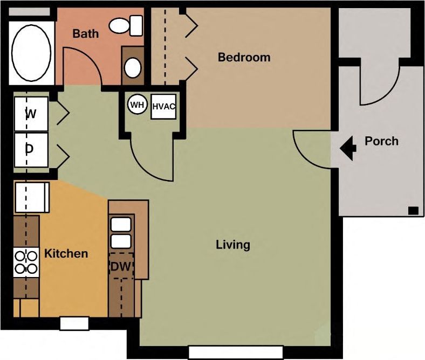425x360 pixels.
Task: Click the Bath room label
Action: click(x=86, y=34)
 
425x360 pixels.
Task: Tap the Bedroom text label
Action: click(x=244, y=57)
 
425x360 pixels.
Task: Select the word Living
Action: click(x=233, y=245)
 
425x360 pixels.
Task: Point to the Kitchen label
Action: click(x=66, y=253)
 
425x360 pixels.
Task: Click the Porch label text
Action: click(x=381, y=141)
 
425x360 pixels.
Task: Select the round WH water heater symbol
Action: click(x=138, y=105)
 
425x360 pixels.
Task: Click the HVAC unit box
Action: click(x=163, y=106)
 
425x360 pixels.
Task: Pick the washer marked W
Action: click(x=31, y=114)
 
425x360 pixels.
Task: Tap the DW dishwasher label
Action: click(x=121, y=266)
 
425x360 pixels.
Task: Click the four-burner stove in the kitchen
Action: click(x=26, y=262)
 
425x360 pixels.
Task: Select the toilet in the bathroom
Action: click(x=126, y=25)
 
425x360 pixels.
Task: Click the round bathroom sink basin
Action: click(x=133, y=68)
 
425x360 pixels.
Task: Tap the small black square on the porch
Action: click(x=414, y=210)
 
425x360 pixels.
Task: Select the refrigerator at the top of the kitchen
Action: click(x=31, y=197)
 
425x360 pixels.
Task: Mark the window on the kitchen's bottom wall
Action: click(x=74, y=323)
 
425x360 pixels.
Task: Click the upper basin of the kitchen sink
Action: click(x=121, y=224)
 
